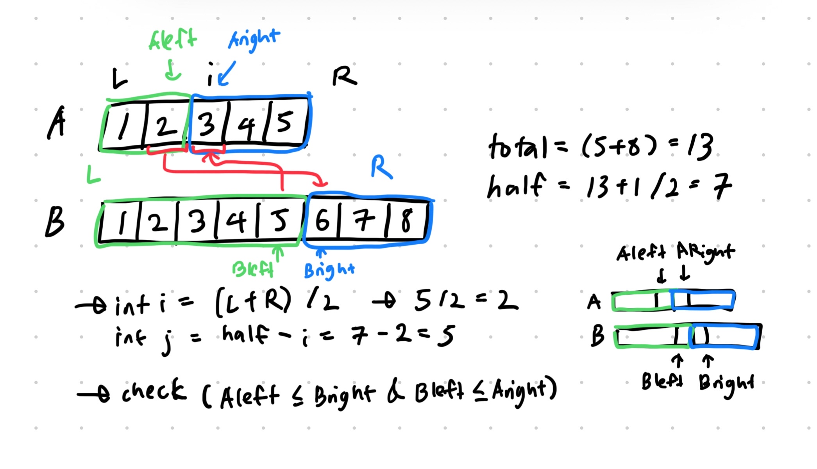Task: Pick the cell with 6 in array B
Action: coord(322,221)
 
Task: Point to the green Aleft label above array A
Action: coord(173,40)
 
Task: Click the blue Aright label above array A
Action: coord(254,39)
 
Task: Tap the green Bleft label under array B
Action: coord(252,269)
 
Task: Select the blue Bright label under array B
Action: coord(329,270)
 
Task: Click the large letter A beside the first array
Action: coord(57,123)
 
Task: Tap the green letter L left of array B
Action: coord(93,175)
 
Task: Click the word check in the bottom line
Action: coord(154,391)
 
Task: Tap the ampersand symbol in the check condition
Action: coord(395,393)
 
